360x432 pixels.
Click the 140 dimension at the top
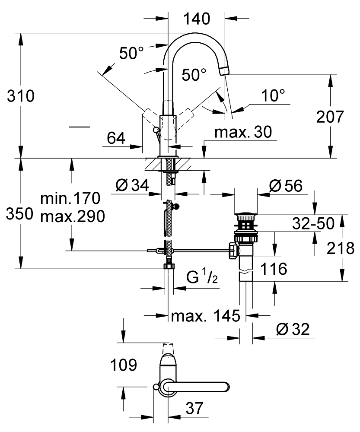(x=196, y=19)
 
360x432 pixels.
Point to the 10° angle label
(x=273, y=95)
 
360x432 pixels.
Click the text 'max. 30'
(x=244, y=132)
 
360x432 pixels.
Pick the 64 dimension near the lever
(x=116, y=139)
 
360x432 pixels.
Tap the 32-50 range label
(x=312, y=223)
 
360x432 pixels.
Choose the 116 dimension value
(x=274, y=269)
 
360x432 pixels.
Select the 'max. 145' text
(x=205, y=316)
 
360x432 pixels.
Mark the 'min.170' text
(x=70, y=199)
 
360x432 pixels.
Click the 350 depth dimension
(x=20, y=214)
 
